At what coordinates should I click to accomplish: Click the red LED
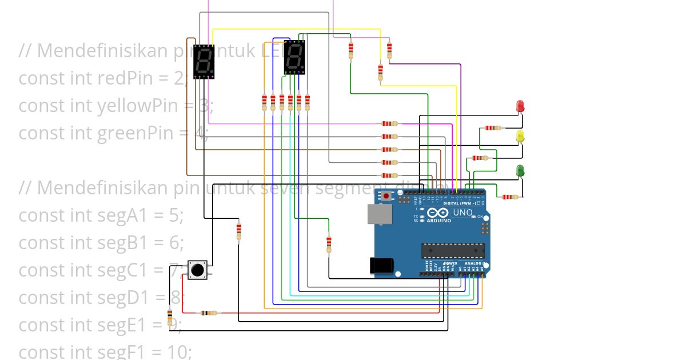520,106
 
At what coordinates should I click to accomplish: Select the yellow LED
520,137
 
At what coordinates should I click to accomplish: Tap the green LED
520,170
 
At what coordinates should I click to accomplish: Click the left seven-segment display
204,62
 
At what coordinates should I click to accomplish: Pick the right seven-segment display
294,57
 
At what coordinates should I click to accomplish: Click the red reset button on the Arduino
386,197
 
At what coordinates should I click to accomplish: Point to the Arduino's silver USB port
380,214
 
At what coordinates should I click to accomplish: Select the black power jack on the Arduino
381,266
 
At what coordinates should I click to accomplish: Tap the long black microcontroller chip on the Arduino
453,250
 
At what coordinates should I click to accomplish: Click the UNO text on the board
462,213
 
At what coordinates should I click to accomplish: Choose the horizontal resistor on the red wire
209,313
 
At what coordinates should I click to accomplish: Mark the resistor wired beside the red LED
493,127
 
